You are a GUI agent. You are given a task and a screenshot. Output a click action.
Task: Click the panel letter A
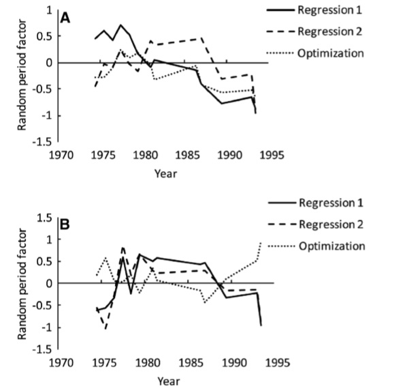click(x=65, y=18)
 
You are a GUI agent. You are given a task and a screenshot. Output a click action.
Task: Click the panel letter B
click(x=65, y=225)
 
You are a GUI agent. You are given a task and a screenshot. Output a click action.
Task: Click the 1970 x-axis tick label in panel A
click(x=61, y=156)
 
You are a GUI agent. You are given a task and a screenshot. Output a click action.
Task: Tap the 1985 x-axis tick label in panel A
click(x=187, y=156)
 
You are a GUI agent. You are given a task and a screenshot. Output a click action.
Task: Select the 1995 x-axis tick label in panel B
click(x=278, y=363)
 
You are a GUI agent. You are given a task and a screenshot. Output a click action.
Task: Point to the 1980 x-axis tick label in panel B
click(x=148, y=363)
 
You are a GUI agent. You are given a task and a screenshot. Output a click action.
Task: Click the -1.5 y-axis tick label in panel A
click(x=42, y=142)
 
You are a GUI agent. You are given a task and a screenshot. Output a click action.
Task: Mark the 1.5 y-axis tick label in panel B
click(x=45, y=218)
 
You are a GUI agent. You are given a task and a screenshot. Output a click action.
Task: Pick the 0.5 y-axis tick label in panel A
click(x=44, y=36)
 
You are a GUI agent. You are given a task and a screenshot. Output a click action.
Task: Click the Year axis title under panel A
click(x=166, y=174)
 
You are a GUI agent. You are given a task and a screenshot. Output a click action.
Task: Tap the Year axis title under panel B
click(x=169, y=381)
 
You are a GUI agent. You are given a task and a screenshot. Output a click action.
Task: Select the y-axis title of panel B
click(x=22, y=284)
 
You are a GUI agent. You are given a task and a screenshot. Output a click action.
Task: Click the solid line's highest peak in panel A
click(x=120, y=25)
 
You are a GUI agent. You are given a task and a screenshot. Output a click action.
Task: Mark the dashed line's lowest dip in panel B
click(x=106, y=328)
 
